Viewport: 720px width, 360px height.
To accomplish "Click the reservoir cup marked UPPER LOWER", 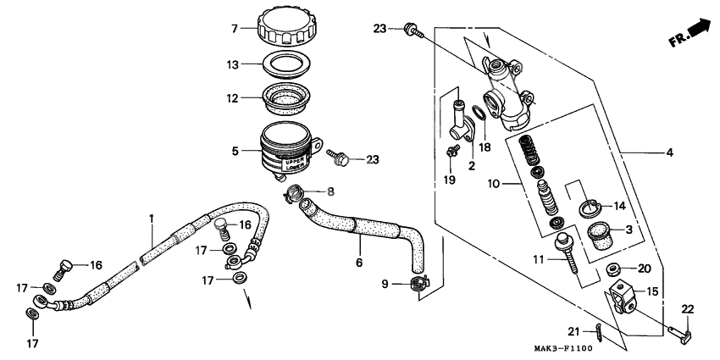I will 288,149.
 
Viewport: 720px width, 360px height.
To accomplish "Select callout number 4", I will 669,153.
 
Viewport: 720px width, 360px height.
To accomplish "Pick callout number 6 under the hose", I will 358,263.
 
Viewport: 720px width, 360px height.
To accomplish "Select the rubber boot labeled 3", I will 600,233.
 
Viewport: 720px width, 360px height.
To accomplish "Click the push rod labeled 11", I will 565,252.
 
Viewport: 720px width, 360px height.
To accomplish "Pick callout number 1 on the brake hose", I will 151,219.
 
